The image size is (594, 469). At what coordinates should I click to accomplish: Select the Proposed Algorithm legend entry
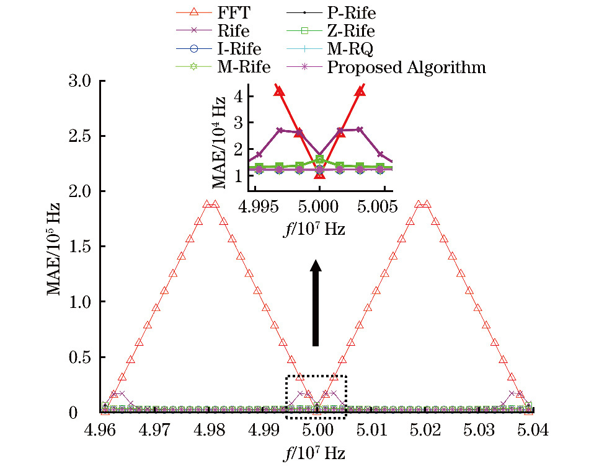point(406,67)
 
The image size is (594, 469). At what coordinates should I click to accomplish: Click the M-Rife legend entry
point(242,67)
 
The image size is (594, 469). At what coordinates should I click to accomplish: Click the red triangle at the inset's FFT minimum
point(319,174)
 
